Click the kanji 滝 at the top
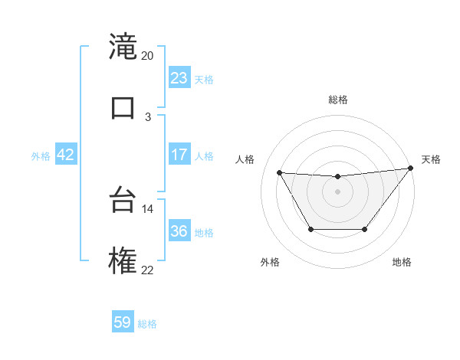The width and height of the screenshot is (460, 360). pyautogui.click(x=123, y=47)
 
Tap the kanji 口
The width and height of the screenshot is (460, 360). pyautogui.click(x=123, y=108)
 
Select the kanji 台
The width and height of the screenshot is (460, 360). pyautogui.click(x=123, y=201)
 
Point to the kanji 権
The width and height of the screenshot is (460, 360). pyautogui.click(x=123, y=261)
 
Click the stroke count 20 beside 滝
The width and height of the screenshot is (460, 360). pyautogui.click(x=147, y=56)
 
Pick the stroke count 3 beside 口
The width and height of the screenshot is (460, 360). pyautogui.click(x=148, y=116)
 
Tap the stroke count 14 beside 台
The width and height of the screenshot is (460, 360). pyautogui.click(x=147, y=208)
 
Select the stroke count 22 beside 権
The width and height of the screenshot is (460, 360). pyautogui.click(x=147, y=270)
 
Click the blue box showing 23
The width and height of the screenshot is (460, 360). pyautogui.click(x=179, y=78)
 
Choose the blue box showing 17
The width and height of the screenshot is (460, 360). pyautogui.click(x=179, y=155)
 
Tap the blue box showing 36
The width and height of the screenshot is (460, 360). pyautogui.click(x=179, y=231)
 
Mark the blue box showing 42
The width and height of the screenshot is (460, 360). pyautogui.click(x=65, y=155)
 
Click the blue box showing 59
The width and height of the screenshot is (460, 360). pyautogui.click(x=123, y=322)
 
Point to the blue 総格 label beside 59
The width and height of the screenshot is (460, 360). pyautogui.click(x=147, y=324)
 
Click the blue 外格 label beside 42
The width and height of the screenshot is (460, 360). pyautogui.click(x=41, y=156)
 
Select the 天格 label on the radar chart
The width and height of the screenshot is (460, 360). pyautogui.click(x=431, y=159)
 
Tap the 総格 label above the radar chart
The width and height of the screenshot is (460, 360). pyautogui.click(x=338, y=100)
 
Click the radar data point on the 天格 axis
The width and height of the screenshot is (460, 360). pyautogui.click(x=411, y=168)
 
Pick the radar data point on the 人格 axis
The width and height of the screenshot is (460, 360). pyautogui.click(x=280, y=172)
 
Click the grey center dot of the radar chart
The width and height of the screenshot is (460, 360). pyautogui.click(x=337, y=191)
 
